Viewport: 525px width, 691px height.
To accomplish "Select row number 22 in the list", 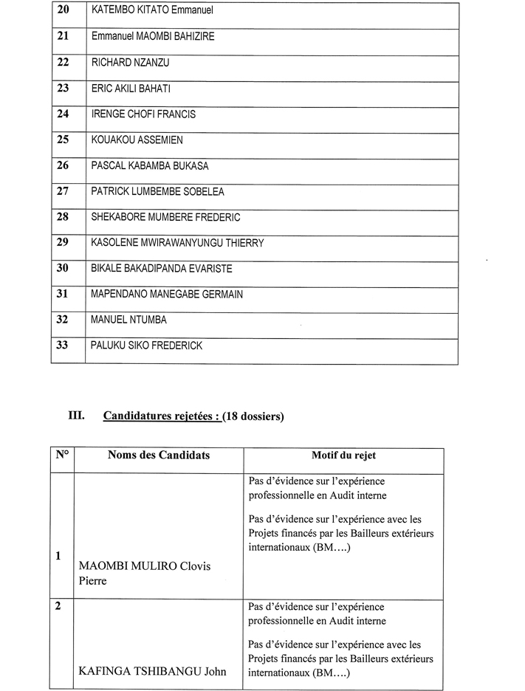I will tap(63, 63).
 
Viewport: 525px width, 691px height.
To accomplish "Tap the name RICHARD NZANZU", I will tap(130, 63).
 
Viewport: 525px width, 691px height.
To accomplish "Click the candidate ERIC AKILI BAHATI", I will tap(131, 89).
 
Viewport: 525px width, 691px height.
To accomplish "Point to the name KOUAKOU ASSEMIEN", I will tap(137, 140).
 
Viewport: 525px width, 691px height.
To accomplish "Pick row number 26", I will tap(63, 165).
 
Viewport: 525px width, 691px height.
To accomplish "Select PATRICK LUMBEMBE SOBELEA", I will tap(157, 192).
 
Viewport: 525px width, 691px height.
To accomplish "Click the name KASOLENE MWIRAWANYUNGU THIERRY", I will tap(177, 243).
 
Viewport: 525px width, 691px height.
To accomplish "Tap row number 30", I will tap(63, 268).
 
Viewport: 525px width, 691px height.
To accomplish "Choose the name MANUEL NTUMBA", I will tap(128, 320).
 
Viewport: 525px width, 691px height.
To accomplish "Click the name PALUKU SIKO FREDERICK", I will tap(146, 345).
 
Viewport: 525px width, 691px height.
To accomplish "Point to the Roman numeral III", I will tap(78, 416).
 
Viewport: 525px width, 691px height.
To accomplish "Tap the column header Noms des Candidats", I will tap(158, 455).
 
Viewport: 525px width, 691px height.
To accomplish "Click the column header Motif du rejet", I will tap(343, 455).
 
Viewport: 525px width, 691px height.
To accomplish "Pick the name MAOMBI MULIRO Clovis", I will tap(144, 566).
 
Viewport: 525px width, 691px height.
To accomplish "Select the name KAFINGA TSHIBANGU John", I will tap(151, 671).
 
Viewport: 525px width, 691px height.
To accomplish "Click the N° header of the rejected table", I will tap(62, 455).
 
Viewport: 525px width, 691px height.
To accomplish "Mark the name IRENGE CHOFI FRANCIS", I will tap(143, 114).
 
